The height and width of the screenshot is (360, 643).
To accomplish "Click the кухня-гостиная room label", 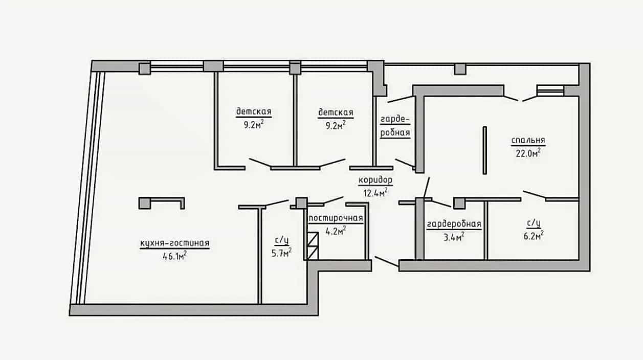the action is point(174,243).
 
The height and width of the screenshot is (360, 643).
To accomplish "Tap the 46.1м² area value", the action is point(174,256).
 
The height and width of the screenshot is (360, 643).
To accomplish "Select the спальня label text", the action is point(528,140).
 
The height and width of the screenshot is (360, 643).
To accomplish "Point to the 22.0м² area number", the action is point(528,153).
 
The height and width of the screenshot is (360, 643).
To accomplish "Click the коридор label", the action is point(375,180).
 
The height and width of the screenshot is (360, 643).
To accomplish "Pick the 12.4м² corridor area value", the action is point(375,193).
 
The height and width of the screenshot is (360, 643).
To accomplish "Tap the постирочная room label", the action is point(336,218).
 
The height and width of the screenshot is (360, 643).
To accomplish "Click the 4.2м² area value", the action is point(336,231).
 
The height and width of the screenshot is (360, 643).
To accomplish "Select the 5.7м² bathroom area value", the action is point(281,253).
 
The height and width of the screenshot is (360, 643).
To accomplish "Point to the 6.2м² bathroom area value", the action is point(534,236).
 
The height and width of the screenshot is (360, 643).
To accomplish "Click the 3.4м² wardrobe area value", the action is point(454,237).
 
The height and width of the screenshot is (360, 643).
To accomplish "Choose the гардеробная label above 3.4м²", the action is point(454,224).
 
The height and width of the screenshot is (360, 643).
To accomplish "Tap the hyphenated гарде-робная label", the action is point(395,126).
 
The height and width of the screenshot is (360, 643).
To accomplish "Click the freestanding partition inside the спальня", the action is point(485,150).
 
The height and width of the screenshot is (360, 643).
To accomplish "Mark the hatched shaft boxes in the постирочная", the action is point(313,246).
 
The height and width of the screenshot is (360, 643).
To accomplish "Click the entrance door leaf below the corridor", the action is point(387,261).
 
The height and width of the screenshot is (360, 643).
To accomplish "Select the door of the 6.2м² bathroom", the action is point(535,195).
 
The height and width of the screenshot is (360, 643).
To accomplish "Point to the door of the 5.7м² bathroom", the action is point(277,203).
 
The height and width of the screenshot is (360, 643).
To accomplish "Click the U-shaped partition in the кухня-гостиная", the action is point(162,203).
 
